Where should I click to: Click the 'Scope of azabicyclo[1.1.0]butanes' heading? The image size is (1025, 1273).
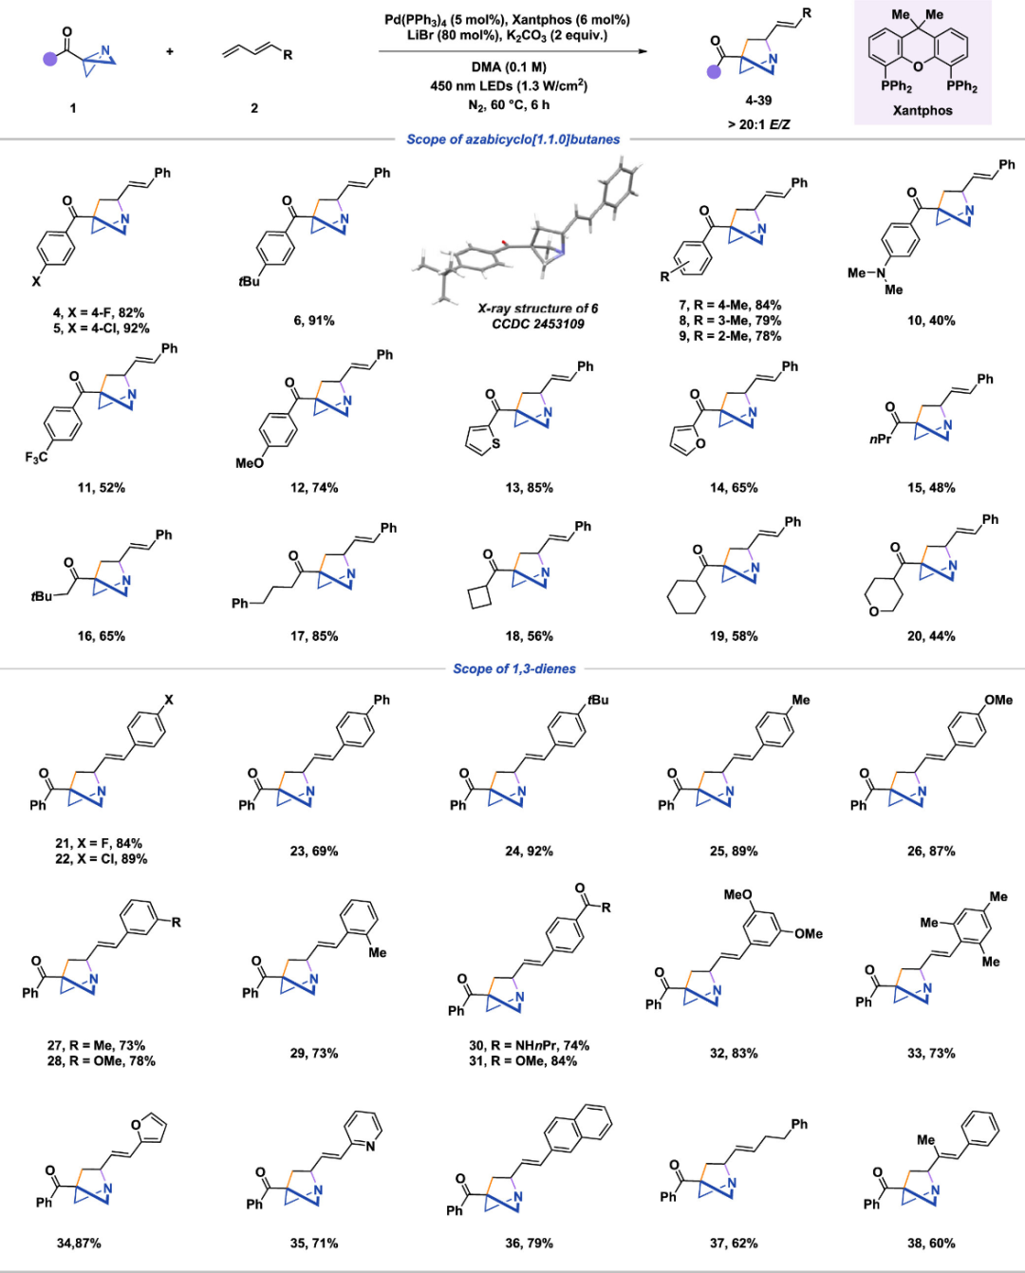pyautogui.click(x=512, y=140)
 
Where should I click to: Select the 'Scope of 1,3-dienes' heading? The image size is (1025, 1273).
pyautogui.click(x=514, y=668)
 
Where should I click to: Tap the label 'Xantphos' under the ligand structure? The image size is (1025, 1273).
pyautogui.click(x=922, y=111)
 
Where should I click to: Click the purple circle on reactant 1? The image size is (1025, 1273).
pyautogui.click(x=50, y=59)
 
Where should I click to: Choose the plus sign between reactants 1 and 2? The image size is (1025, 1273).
pyautogui.click(x=170, y=51)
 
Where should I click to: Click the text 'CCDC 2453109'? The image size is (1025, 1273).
pyautogui.click(x=537, y=324)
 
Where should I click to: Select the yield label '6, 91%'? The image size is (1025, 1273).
pyautogui.click(x=313, y=321)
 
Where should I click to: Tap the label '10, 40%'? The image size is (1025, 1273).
pyautogui.click(x=931, y=321)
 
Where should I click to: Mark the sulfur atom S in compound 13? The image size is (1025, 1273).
pyautogui.click(x=495, y=443)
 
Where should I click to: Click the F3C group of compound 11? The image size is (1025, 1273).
pyautogui.click(x=37, y=458)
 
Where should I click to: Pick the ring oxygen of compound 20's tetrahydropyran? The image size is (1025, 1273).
pyautogui.click(x=873, y=611)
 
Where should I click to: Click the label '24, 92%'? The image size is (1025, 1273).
pyautogui.click(x=529, y=852)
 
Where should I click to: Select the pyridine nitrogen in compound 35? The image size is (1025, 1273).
pyautogui.click(x=371, y=1146)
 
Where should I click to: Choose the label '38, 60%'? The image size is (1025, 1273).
pyautogui.click(x=931, y=1243)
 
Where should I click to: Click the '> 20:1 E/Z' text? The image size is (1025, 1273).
pyautogui.click(x=759, y=124)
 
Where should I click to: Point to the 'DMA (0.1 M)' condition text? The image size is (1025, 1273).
pyautogui.click(x=509, y=66)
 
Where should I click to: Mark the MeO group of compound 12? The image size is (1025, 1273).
pyautogui.click(x=250, y=463)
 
